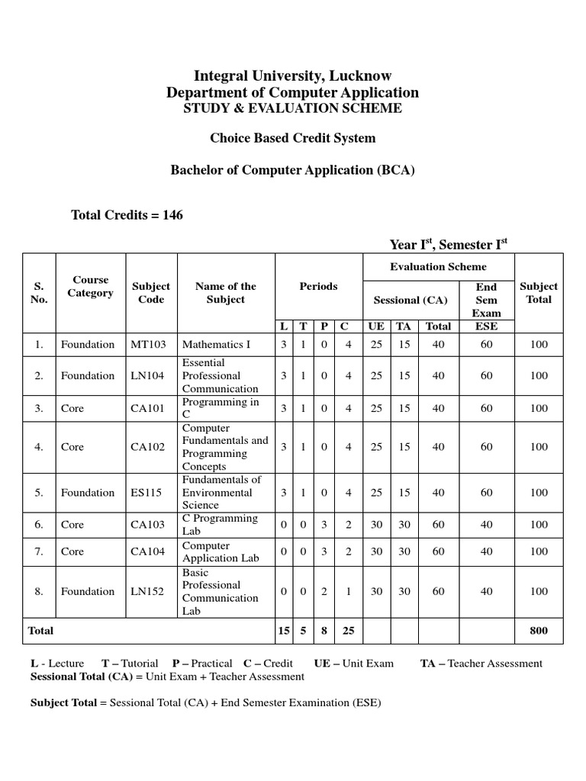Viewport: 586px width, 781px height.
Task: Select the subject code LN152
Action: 146,591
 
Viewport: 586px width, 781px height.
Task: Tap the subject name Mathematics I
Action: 216,345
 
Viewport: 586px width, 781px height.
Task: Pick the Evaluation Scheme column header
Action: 438,266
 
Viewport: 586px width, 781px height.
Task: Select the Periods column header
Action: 318,286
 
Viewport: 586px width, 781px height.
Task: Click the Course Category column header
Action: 90,286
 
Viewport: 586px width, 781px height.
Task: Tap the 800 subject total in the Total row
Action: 539,631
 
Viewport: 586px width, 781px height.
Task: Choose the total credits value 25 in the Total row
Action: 348,631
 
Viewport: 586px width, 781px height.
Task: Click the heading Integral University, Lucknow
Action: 293,76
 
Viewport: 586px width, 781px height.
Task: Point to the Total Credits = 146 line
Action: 127,215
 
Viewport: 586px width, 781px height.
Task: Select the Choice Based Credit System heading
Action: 293,138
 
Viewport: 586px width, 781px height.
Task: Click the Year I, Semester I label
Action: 449,244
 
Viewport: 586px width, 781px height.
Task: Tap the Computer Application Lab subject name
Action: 221,551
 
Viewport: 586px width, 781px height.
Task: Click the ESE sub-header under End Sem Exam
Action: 486,326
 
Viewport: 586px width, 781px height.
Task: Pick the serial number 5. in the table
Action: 39,493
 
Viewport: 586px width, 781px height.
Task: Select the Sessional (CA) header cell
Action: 410,300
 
